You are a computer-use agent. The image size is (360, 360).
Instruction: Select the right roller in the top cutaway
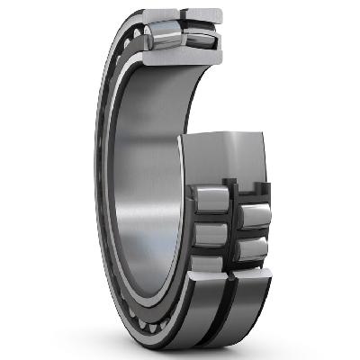(199, 34)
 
